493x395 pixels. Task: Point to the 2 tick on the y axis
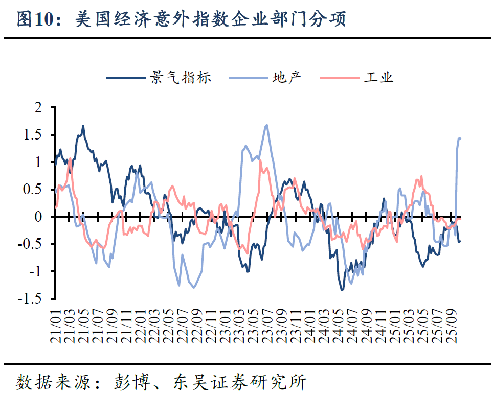click(x=37, y=108)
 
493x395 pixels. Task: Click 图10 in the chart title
click(x=35, y=19)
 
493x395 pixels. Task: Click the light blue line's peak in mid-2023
click(x=266, y=125)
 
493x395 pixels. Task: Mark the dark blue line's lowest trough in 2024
click(x=342, y=290)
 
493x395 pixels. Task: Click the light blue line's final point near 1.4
click(x=460, y=138)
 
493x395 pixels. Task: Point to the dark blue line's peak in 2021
click(x=83, y=126)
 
